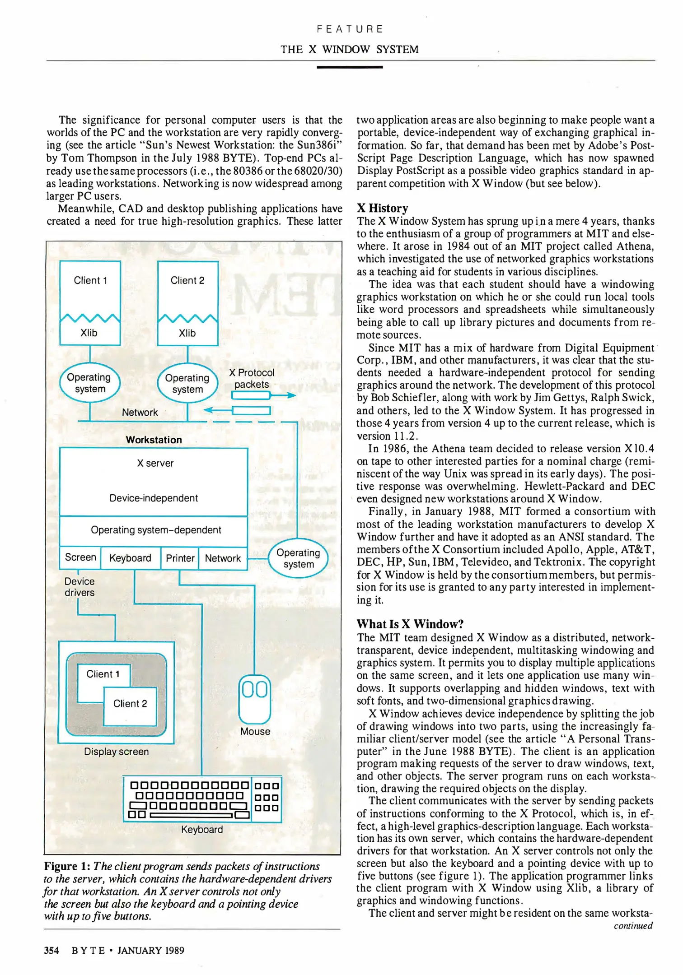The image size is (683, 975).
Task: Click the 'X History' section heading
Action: pyautogui.click(x=382, y=208)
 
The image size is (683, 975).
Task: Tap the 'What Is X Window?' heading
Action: pyautogui.click(x=410, y=624)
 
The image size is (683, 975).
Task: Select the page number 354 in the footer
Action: pyautogui.click(x=51, y=950)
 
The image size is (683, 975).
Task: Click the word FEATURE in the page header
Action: pyautogui.click(x=350, y=29)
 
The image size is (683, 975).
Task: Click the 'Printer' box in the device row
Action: pyautogui.click(x=180, y=558)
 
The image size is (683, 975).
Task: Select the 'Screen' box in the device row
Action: pyautogui.click(x=80, y=557)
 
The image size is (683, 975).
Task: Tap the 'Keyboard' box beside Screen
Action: pyautogui.click(x=130, y=558)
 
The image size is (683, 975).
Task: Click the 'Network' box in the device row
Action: pyautogui.click(x=223, y=558)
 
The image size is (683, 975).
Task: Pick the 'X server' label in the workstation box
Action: pyautogui.click(x=155, y=463)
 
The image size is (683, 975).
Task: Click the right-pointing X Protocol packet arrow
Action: pyautogui.click(x=263, y=395)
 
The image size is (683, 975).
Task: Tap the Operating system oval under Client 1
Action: pyautogui.click(x=90, y=383)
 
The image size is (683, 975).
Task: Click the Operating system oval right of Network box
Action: pyautogui.click(x=298, y=558)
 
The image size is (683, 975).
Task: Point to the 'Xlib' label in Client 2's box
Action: pyautogui.click(x=187, y=333)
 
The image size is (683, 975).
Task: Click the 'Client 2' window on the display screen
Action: pyautogui.click(x=130, y=704)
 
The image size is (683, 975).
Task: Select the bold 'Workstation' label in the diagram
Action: pyautogui.click(x=154, y=440)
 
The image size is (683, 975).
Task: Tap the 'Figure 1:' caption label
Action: pyautogui.click(x=67, y=866)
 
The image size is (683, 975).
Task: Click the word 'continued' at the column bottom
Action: pyautogui.click(x=633, y=926)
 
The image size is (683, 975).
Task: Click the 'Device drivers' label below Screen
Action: pyautogui.click(x=80, y=587)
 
